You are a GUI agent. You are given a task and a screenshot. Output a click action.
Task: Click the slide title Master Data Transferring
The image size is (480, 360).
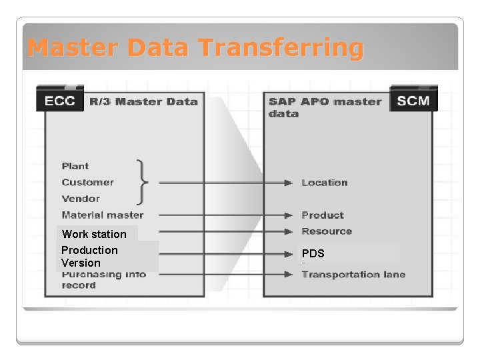(196, 48)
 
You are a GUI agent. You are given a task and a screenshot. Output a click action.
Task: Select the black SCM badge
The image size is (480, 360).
(413, 101)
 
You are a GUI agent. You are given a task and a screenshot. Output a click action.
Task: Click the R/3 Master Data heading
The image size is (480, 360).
(143, 102)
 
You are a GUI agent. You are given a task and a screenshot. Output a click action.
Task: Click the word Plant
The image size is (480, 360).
(75, 166)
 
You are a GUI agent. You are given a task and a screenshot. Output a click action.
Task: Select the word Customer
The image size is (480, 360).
(87, 182)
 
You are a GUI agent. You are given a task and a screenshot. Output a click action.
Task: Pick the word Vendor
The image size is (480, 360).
(81, 199)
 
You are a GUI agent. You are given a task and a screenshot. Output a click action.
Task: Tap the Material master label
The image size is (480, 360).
(102, 215)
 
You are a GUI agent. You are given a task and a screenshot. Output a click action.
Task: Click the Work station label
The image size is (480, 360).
(94, 234)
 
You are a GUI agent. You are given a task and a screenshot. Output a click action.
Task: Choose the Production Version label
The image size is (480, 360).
(89, 257)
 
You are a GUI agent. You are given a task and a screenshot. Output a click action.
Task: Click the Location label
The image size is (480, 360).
(324, 183)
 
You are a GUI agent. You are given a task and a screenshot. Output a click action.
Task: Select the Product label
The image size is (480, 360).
(323, 215)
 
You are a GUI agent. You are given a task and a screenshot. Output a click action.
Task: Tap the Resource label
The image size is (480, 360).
(326, 231)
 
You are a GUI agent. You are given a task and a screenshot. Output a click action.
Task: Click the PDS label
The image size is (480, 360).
(313, 254)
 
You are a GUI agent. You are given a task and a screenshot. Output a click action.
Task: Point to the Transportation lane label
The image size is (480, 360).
(353, 275)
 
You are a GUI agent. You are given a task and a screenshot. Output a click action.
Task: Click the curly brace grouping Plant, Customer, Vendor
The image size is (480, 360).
(141, 182)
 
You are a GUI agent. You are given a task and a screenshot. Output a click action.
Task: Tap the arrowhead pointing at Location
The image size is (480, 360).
(289, 183)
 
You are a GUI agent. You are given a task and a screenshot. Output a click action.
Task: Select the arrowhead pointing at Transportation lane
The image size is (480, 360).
(289, 274)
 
